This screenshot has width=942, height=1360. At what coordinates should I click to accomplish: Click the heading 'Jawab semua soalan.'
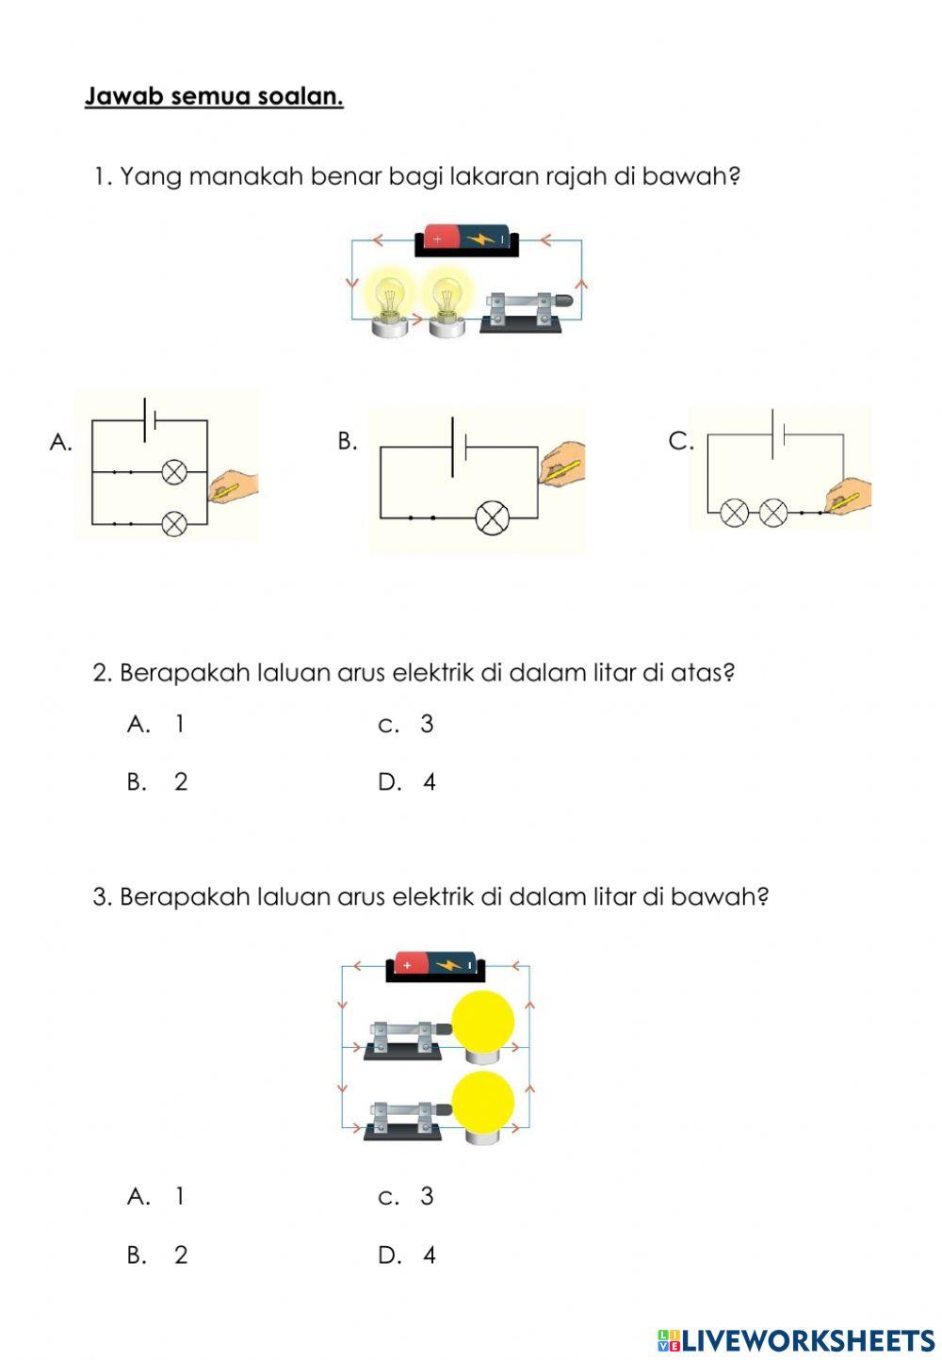(214, 96)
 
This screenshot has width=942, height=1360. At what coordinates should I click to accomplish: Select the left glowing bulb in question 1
(389, 302)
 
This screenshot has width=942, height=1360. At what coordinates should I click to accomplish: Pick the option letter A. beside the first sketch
(60, 442)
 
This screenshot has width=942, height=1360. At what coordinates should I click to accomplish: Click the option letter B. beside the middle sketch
(348, 441)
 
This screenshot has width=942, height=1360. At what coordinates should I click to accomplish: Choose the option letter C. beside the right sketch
(680, 441)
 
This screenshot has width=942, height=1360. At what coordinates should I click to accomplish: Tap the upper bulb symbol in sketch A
(174, 472)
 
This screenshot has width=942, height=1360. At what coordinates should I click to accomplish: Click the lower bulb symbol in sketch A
(174, 523)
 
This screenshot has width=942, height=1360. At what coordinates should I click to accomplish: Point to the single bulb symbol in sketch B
(493, 518)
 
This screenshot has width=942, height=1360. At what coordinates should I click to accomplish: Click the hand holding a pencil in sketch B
(562, 463)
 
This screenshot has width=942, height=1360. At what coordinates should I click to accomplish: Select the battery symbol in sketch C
(777, 434)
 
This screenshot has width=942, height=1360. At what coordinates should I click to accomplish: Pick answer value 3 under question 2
(427, 724)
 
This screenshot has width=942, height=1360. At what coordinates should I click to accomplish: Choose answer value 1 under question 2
(180, 724)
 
